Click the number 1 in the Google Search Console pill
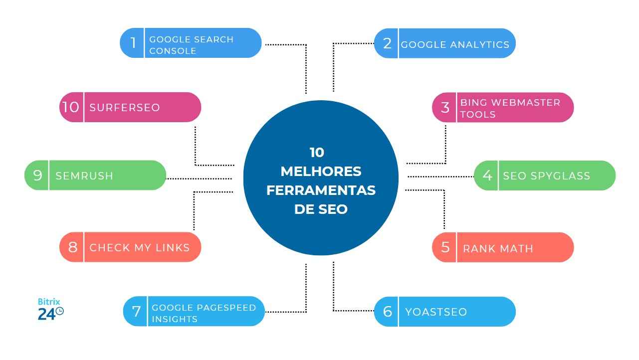pos(133,43)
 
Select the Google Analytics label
pos(455,45)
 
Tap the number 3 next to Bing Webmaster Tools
pos(445,108)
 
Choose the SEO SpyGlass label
pos(546,176)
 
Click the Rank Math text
pos(498,248)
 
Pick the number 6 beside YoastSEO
pos(388,312)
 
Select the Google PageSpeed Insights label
pos(204,313)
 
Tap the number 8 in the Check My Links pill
pos(73,247)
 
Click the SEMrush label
pos(84,176)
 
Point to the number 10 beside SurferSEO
pos(71,107)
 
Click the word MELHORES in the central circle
pos(321,172)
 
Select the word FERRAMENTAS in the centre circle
pos(321,190)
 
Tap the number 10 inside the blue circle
pos(317,153)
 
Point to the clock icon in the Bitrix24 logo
pos(59,311)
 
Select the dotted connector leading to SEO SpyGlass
pos(440,177)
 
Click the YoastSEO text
pos(436,312)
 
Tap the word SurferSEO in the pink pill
pos(125,108)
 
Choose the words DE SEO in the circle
pos(321,209)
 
